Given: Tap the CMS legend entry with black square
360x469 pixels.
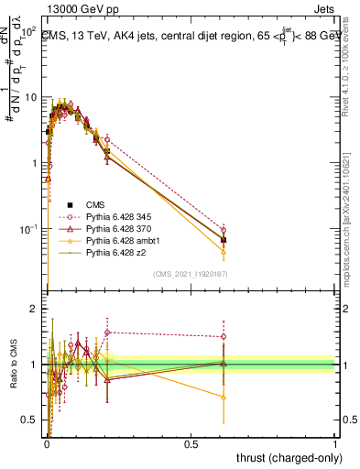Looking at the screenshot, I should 96,204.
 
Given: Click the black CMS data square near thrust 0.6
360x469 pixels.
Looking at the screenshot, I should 224,240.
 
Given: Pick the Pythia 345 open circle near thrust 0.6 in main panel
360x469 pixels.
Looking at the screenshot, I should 224,230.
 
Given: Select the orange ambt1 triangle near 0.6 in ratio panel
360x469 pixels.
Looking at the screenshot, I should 224,397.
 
